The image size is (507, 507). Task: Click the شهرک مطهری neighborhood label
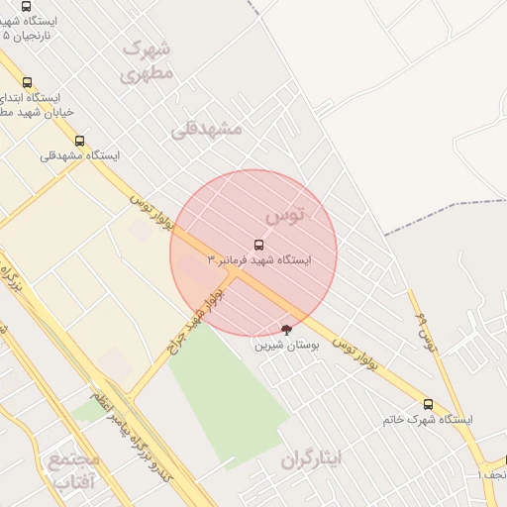[x=148, y=60]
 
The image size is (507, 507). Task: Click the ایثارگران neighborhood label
[x=310, y=459]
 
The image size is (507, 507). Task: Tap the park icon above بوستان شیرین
[x=287, y=329]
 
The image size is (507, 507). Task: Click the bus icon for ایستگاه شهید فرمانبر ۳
[x=259, y=244]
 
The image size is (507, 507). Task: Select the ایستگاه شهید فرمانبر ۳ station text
[x=259, y=259]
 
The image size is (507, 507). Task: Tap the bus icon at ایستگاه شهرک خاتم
[x=428, y=404]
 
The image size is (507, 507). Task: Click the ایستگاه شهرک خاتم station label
[x=428, y=420]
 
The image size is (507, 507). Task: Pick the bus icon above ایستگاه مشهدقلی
[x=80, y=141]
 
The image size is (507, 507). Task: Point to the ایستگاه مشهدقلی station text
[x=80, y=155]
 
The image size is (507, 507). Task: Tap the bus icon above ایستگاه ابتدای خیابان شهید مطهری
[x=27, y=83]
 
